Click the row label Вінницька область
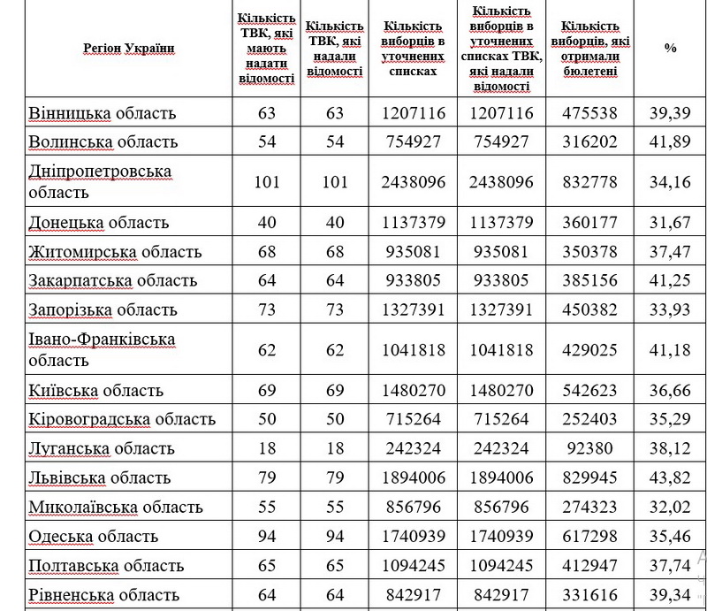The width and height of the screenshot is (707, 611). [x=103, y=113]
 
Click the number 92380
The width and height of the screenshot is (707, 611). [x=594, y=447]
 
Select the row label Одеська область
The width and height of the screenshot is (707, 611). [x=94, y=536]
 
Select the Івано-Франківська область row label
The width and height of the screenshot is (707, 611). [x=102, y=349]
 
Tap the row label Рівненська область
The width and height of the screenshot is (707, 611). [x=104, y=595]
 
